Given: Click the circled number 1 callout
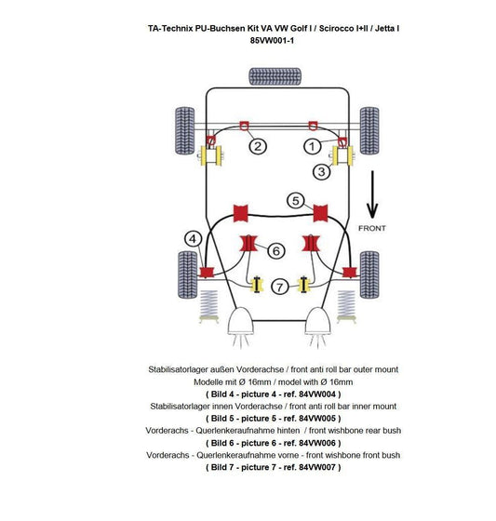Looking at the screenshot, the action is tap(312, 146).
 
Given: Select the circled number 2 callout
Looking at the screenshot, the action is tap(258, 146).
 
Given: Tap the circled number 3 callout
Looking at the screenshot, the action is tap(321, 172).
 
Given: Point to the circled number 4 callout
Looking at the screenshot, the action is tap(193, 239).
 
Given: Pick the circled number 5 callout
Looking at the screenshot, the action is tap(296, 201).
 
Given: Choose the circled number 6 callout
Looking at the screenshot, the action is tap(276, 250).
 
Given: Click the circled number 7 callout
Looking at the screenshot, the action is tap(280, 287).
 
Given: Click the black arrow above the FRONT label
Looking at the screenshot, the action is tap(372, 194).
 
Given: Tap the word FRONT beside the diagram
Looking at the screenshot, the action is tap(372, 228).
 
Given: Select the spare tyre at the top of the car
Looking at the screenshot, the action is tap(275, 76).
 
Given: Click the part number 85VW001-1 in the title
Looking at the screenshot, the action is tap(272, 41).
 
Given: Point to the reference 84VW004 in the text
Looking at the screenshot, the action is tap(317, 394).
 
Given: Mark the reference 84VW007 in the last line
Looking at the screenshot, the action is tap(317, 467).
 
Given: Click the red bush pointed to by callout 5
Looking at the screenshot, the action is tap(320, 213).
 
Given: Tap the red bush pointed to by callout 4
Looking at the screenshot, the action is tap(207, 272).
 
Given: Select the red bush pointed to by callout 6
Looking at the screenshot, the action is tap(248, 244).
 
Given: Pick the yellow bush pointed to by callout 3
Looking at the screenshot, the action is tap(342, 156).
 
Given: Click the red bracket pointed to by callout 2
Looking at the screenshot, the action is tap(244, 126).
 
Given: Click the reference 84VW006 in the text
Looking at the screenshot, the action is tap(317, 443).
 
